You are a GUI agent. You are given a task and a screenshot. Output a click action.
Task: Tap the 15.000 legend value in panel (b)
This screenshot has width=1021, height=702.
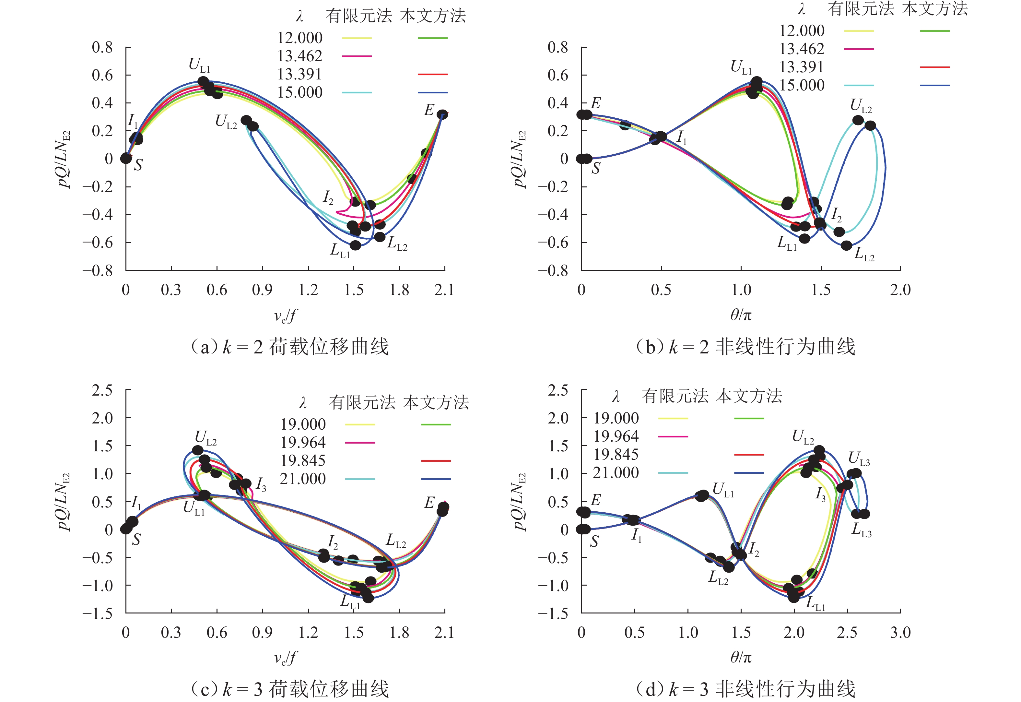pyautogui.click(x=802, y=85)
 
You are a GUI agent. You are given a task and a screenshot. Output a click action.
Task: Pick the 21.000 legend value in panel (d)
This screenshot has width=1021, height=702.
pyautogui.click(x=616, y=473)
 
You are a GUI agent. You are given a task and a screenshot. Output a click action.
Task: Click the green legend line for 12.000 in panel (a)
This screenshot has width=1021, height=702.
pyautogui.click(x=432, y=38)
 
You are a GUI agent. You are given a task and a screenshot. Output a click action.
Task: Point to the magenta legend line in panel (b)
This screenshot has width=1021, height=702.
pyautogui.click(x=858, y=49)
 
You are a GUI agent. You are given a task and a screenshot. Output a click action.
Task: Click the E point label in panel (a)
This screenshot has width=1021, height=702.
pyautogui.click(x=429, y=110)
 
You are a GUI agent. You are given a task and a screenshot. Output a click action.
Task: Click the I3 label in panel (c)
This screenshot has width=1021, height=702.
pyautogui.click(x=261, y=485)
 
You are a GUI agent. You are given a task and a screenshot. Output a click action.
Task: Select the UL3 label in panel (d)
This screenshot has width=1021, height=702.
pyautogui.click(x=859, y=459)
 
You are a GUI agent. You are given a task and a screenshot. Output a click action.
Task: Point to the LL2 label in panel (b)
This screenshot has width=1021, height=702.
pyautogui.click(x=864, y=254)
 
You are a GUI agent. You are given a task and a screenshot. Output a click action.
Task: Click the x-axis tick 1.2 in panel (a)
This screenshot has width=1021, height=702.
pyautogui.click(x=308, y=290)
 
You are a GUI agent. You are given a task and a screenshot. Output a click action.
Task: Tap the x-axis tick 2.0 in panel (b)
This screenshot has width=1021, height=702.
pyautogui.click(x=900, y=290)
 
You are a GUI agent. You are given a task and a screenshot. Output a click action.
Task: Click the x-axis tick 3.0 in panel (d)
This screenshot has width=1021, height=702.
pyautogui.click(x=900, y=633)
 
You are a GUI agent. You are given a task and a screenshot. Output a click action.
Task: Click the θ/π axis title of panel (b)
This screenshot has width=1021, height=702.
pyautogui.click(x=741, y=315)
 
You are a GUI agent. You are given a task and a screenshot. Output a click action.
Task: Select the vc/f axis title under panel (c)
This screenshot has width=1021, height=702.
pyautogui.click(x=285, y=658)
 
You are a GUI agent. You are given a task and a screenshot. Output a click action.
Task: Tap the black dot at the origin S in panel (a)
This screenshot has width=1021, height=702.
pyautogui.click(x=126, y=158)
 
